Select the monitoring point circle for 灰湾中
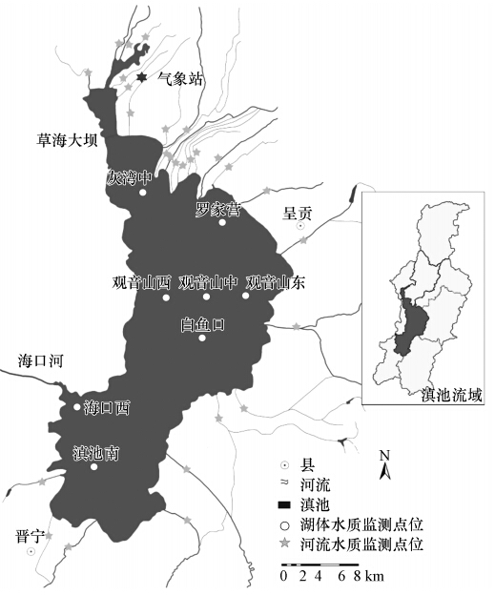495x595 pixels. tap(142, 192)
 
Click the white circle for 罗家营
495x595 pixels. tap(222, 222)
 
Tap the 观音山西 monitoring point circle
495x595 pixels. tap(166, 296)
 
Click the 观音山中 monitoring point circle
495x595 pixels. tap(206, 296)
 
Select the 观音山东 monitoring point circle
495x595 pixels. tap(245, 296)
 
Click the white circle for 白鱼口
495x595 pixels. tap(201, 338)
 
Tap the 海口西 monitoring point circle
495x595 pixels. tap(78, 408)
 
